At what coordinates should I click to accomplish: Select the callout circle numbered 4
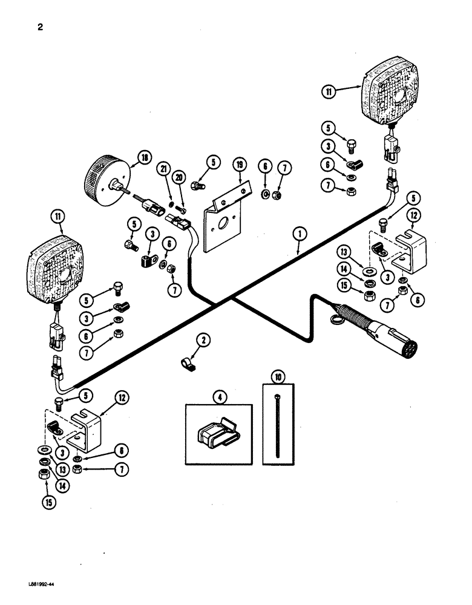pyautogui.click(x=218, y=398)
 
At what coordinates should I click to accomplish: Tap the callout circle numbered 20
pyautogui.click(x=179, y=175)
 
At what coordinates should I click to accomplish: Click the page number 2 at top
pyautogui.click(x=39, y=27)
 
